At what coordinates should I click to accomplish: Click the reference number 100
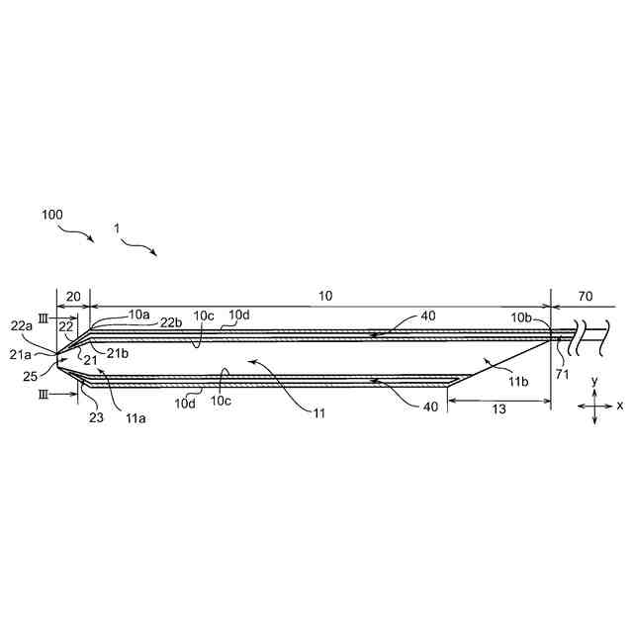54,214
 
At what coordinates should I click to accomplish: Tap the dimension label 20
72,296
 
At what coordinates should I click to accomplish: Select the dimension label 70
585,296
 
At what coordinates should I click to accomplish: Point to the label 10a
138,315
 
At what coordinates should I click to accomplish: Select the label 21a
23,352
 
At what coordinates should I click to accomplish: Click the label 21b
118,353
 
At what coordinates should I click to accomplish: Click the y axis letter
593,381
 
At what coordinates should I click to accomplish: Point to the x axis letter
620,406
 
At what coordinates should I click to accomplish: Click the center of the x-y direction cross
593,406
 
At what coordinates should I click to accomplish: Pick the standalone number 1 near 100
117,228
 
